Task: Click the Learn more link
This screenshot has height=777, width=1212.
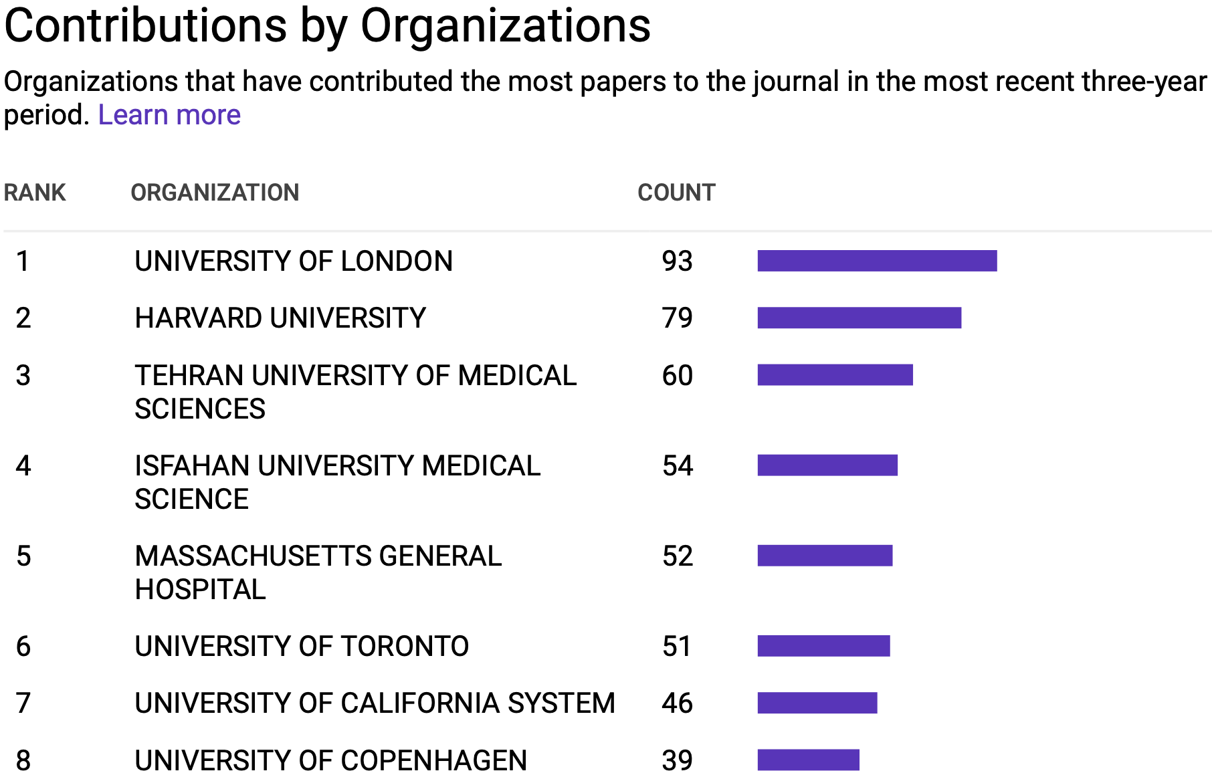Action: coord(169,115)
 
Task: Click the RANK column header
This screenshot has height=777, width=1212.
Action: coord(35,193)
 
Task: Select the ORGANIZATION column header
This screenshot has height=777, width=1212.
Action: coord(215,193)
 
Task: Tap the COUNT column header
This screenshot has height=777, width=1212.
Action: coord(676,193)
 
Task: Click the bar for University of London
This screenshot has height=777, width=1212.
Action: coord(877,261)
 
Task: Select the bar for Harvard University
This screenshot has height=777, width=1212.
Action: coord(859,318)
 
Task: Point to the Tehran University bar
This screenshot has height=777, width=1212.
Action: coord(835,375)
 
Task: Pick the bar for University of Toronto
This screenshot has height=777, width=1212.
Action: coord(823,646)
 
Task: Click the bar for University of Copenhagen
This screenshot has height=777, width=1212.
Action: coord(808,760)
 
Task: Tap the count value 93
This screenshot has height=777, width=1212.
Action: coord(677,261)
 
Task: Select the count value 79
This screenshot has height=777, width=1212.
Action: coord(677,318)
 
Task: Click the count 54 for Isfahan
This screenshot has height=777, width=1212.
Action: coord(678,465)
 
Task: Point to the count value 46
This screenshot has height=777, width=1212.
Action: coord(677,703)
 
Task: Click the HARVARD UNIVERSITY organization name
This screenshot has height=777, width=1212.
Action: coord(280,318)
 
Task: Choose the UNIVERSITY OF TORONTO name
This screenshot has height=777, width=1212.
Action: coord(302,646)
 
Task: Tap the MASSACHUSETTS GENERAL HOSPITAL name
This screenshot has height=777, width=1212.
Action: coord(318,572)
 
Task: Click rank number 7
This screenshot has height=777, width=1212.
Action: coord(23,703)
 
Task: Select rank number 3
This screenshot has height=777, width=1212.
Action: coord(23,375)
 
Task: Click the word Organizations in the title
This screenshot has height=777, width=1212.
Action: coord(505,27)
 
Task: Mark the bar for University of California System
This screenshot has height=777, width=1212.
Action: coord(817,703)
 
